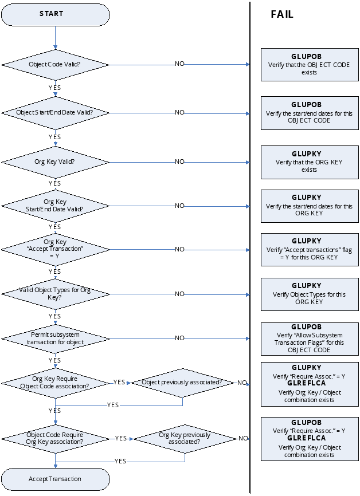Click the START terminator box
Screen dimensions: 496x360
click(x=55, y=14)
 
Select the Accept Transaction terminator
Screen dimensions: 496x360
click(x=55, y=479)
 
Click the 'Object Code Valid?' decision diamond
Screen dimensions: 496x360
click(x=55, y=64)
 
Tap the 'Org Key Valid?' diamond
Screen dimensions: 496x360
click(x=55, y=162)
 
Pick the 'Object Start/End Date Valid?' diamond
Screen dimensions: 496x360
click(x=55, y=113)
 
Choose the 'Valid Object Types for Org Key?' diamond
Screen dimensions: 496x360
click(x=55, y=294)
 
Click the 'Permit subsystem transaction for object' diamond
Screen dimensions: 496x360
click(x=55, y=338)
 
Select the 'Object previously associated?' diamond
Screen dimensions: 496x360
click(x=182, y=382)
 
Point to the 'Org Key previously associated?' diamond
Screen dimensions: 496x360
click(x=185, y=438)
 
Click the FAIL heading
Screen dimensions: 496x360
click(x=282, y=15)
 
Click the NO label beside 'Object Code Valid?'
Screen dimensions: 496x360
click(x=179, y=64)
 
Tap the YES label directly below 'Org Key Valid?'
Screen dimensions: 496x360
click(x=55, y=183)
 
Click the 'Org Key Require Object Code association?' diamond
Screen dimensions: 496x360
click(x=55, y=382)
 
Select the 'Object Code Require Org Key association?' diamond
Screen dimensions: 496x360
click(x=55, y=438)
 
